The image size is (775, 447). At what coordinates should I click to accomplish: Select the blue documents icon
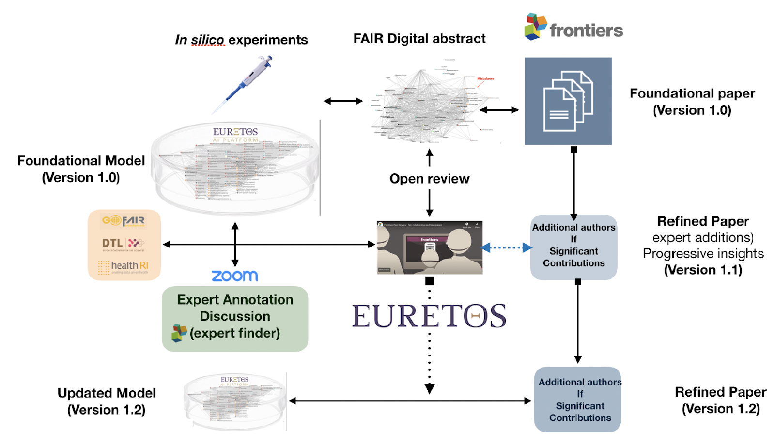click(x=568, y=101)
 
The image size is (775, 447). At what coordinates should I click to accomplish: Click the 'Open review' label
click(x=430, y=179)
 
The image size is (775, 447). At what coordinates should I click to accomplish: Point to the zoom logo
click(x=235, y=276)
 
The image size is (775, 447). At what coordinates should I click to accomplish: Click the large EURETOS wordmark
click(x=429, y=316)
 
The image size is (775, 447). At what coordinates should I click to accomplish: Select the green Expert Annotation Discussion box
click(x=235, y=318)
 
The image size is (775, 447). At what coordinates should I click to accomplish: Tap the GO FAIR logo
click(x=124, y=221)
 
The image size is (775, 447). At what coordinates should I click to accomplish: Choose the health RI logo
click(x=124, y=266)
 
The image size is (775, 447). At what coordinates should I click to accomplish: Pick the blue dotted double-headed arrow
click(x=506, y=248)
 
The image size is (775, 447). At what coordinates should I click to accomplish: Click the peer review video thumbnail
click(x=429, y=247)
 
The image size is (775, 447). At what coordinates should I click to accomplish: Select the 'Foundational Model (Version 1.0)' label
click(x=81, y=169)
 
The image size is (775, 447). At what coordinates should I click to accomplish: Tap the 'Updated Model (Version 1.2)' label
click(x=107, y=401)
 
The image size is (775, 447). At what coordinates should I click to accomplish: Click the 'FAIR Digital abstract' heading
click(x=419, y=39)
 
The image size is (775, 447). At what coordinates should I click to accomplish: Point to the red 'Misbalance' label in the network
click(x=485, y=78)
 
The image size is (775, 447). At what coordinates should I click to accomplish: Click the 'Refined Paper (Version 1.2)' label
click(x=721, y=400)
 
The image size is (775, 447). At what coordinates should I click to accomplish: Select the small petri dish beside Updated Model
click(x=235, y=402)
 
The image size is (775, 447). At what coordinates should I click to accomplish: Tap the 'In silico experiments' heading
click(x=241, y=40)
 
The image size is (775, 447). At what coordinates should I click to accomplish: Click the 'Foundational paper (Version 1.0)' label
click(x=692, y=102)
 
